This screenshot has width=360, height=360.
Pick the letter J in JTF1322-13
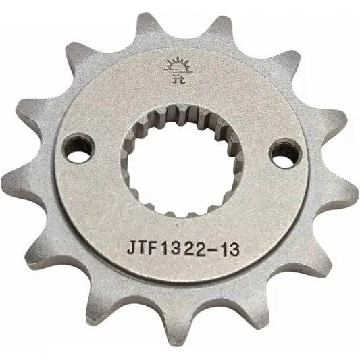tap(130, 248)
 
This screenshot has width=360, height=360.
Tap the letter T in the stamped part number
tap(143, 248)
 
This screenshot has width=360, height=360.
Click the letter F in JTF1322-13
tap(155, 248)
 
